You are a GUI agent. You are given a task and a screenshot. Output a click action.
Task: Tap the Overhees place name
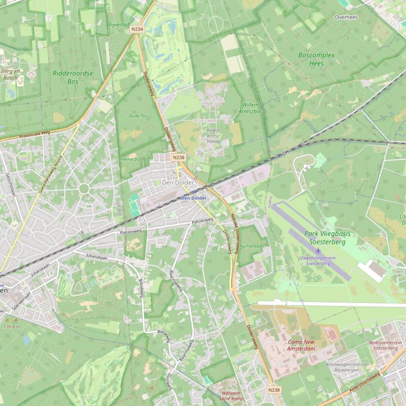click(x=346, y=17)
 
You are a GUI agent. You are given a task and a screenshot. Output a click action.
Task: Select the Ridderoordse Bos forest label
click(x=73, y=78)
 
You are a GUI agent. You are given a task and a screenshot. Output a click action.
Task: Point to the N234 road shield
click(x=137, y=30)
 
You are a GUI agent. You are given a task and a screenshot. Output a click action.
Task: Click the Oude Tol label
click(x=137, y=115)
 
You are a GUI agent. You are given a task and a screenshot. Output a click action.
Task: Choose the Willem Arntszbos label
click(x=251, y=108)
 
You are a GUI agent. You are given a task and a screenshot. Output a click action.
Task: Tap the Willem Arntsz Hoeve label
click(x=213, y=136)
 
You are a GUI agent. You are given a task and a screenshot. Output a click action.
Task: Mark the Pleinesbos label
click(x=131, y=159)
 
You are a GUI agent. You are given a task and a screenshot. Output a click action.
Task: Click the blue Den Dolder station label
click(x=194, y=198)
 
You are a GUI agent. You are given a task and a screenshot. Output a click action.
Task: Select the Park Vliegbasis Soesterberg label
click(x=327, y=238)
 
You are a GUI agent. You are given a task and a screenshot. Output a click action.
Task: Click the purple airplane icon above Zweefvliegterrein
click(x=318, y=250)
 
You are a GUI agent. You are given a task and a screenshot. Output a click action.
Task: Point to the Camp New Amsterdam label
click(x=301, y=345)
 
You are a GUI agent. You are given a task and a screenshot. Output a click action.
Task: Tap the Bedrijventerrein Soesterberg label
click(x=385, y=345)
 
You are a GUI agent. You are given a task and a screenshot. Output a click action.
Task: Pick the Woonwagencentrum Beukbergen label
click(x=346, y=367)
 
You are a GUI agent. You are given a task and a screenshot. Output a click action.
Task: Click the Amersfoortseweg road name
click(x=364, y=383)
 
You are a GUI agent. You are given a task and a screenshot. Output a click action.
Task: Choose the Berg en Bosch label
click(x=10, y=74)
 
